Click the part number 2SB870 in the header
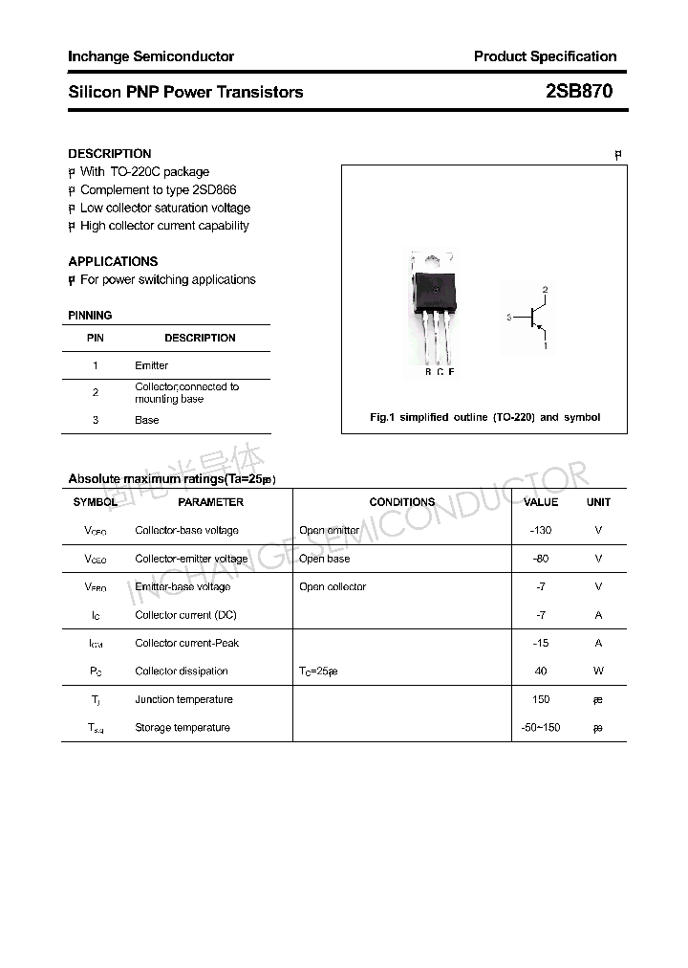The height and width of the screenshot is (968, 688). click(x=579, y=92)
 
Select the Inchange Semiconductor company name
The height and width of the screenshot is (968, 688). click(x=151, y=56)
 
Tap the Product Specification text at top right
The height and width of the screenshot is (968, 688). click(x=545, y=56)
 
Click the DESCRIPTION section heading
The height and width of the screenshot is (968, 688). click(x=110, y=153)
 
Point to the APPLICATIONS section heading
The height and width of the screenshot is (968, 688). click(x=113, y=261)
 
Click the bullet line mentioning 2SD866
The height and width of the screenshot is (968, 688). click(x=158, y=189)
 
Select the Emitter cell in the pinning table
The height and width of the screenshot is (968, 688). click(x=151, y=365)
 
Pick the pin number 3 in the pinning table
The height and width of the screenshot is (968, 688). click(x=96, y=420)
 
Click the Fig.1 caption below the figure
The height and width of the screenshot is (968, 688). click(x=484, y=417)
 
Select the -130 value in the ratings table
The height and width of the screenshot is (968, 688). click(x=541, y=530)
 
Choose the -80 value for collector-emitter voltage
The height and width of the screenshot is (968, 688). click(x=541, y=559)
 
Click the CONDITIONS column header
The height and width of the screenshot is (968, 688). click(x=401, y=502)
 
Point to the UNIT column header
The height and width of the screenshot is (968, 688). click(x=598, y=502)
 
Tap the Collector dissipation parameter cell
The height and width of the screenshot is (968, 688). click(x=182, y=671)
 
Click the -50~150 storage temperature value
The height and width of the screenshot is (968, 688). click(x=541, y=728)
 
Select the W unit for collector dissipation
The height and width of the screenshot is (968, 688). click(x=598, y=671)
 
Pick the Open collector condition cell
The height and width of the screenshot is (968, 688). click(x=332, y=586)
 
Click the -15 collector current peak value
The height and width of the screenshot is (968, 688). click(x=541, y=643)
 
